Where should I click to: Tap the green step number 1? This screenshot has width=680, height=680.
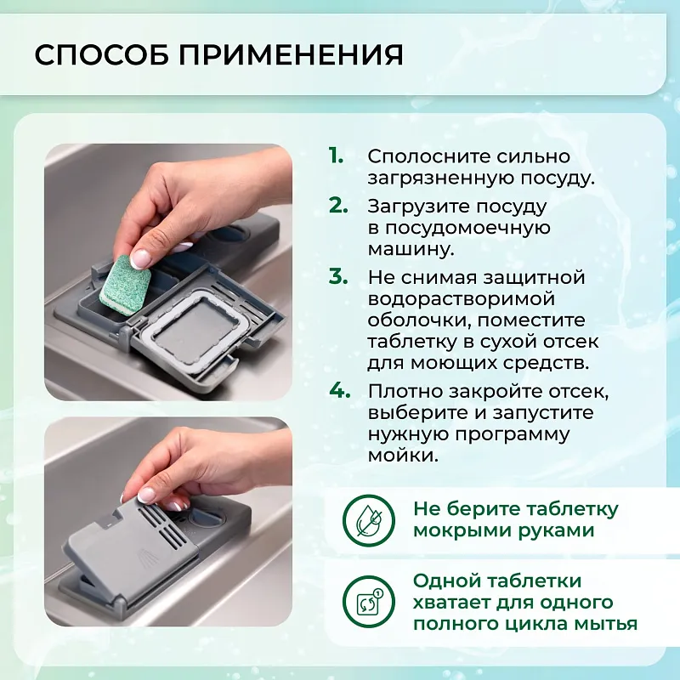[x=337, y=156]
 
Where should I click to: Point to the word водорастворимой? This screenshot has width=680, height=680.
[x=462, y=299]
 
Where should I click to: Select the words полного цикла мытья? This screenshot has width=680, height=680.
[x=524, y=624]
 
